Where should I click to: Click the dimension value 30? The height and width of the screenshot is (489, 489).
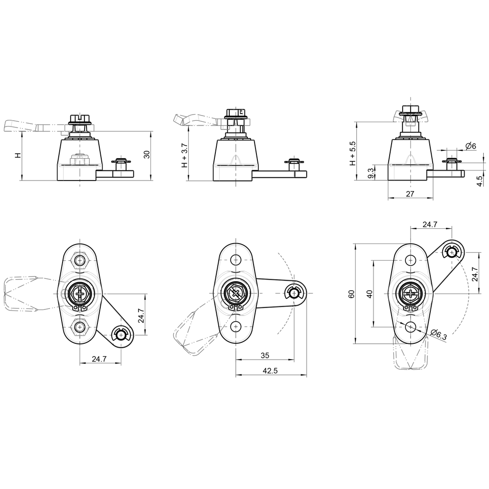click(147, 154)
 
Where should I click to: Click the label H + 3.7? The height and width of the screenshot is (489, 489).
click(185, 155)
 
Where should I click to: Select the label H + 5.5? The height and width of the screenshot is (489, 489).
click(353, 153)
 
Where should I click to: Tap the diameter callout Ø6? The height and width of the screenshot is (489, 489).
click(470, 146)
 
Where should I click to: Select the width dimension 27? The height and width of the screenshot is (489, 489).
click(410, 193)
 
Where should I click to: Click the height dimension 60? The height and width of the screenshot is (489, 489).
click(351, 294)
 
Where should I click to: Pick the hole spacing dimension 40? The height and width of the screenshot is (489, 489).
click(369, 293)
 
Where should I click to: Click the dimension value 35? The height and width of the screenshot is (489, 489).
click(265, 356)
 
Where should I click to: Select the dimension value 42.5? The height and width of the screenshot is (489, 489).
click(270, 371)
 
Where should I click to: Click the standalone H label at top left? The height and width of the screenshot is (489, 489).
click(18, 156)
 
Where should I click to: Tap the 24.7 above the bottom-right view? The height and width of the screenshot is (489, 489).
click(430, 224)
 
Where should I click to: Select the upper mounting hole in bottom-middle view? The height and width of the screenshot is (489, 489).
click(235, 260)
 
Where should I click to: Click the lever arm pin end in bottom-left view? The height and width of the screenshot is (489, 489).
click(121, 335)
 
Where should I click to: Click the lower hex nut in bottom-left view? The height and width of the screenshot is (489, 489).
click(80, 327)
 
